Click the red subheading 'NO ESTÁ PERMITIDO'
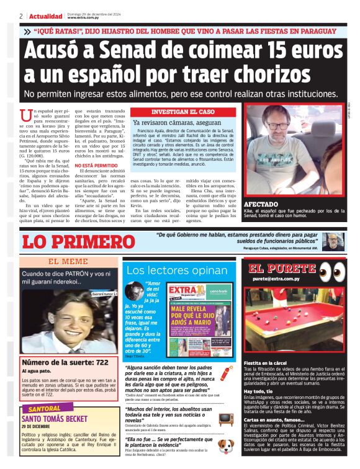pos(96,166)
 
